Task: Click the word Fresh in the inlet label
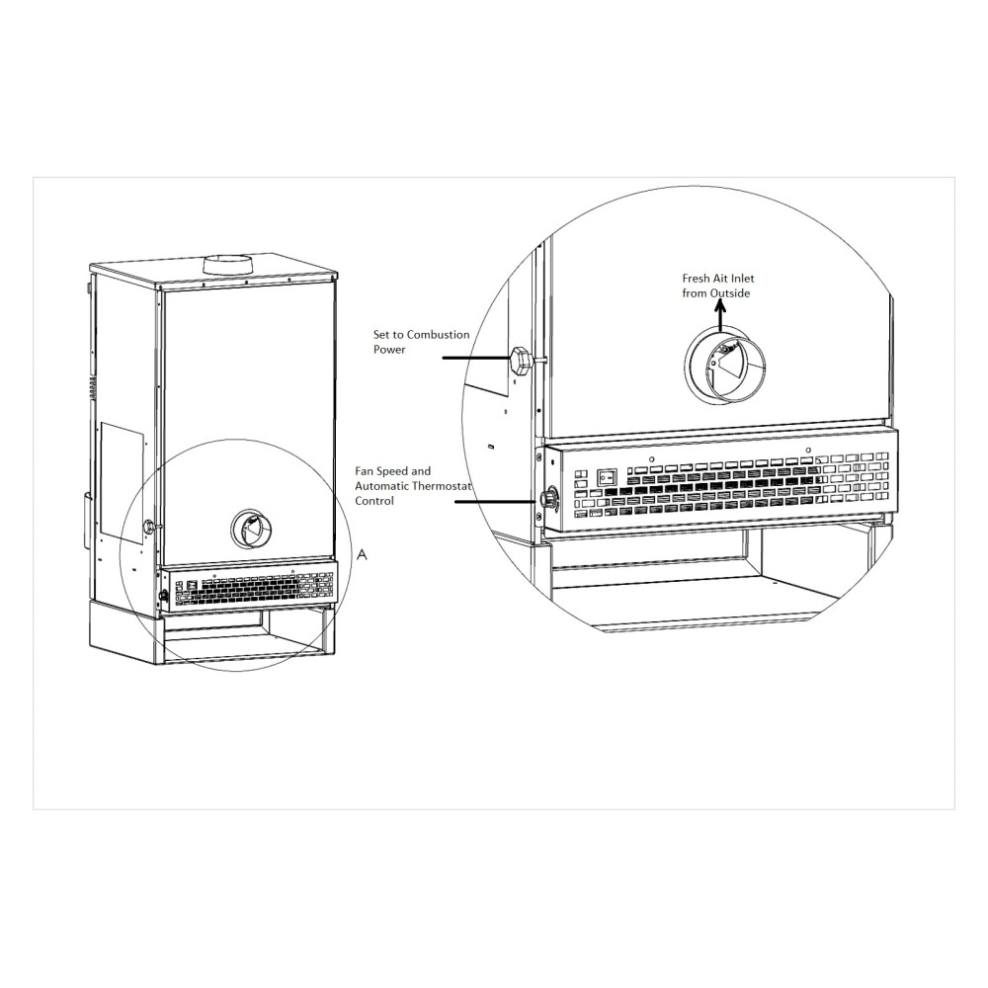pyautogui.click(x=695, y=280)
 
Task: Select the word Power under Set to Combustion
pyautogui.click(x=388, y=349)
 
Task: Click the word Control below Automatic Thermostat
pyautogui.click(x=374, y=501)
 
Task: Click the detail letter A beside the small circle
pyautogui.click(x=362, y=555)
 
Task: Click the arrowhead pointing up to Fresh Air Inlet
pyautogui.click(x=719, y=306)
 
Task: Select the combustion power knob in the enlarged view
pyautogui.click(x=521, y=360)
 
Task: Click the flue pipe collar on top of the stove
pyautogui.click(x=227, y=264)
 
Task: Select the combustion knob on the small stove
pyautogui.click(x=149, y=527)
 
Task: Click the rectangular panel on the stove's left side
pyautogui.click(x=121, y=459)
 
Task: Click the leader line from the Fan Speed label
pyautogui.click(x=499, y=501)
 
